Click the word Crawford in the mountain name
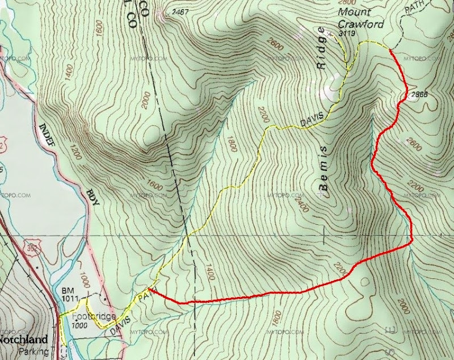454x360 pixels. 360,24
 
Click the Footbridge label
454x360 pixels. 94,316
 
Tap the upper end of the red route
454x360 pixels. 391,50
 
